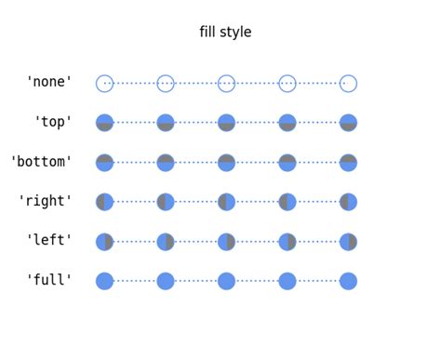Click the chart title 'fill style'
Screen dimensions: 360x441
tap(225, 33)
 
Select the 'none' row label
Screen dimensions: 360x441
tap(49, 82)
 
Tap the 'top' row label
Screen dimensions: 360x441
tap(53, 122)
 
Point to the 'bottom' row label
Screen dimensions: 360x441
tap(41, 162)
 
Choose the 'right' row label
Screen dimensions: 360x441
tap(46, 201)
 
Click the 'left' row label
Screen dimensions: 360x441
tap(49, 240)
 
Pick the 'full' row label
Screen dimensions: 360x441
tap(49, 280)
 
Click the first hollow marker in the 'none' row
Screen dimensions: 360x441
tap(104, 84)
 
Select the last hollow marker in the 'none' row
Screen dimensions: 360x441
tap(348, 84)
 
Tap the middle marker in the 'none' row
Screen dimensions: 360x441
tap(226, 84)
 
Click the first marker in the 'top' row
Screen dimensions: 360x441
tap(104, 123)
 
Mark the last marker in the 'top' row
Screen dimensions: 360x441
tap(348, 123)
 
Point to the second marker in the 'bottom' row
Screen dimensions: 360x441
tap(166, 163)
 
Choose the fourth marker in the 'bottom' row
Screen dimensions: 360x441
tap(287, 163)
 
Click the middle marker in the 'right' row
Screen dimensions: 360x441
tap(226, 202)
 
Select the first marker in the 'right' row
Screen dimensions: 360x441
tap(104, 202)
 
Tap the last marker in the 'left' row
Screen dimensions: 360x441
tap(348, 242)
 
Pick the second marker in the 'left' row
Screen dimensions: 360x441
tap(166, 242)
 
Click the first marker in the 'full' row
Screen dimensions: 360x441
tap(104, 281)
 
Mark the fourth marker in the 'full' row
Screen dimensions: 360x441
tap(287, 281)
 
